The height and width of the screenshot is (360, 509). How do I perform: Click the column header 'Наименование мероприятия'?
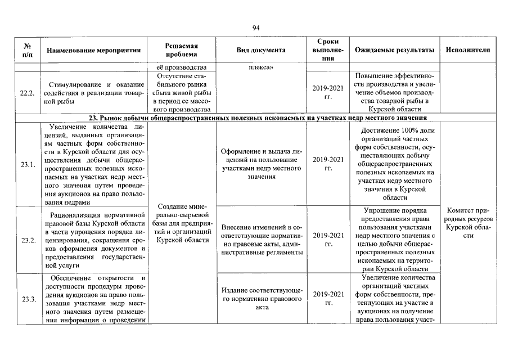pos(93,50)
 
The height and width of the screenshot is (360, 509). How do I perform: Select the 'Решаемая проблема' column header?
pos(181,50)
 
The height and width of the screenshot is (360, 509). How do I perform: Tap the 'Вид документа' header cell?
pos(260,50)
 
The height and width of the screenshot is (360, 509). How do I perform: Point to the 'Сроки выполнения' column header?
pos(327,50)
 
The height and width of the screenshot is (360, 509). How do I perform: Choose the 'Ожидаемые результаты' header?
pos(394,50)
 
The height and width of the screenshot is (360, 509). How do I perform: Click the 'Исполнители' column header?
pos(467,50)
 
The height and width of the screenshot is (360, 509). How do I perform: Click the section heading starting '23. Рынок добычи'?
pos(258,118)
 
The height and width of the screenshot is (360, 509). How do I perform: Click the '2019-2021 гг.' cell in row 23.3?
pos(327,298)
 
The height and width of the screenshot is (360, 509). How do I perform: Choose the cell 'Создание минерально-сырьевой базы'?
pos(181,223)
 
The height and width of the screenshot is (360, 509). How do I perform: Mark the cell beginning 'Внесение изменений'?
pos(260,240)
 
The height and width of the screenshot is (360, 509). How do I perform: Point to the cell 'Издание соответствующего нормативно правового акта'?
pos(260,298)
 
